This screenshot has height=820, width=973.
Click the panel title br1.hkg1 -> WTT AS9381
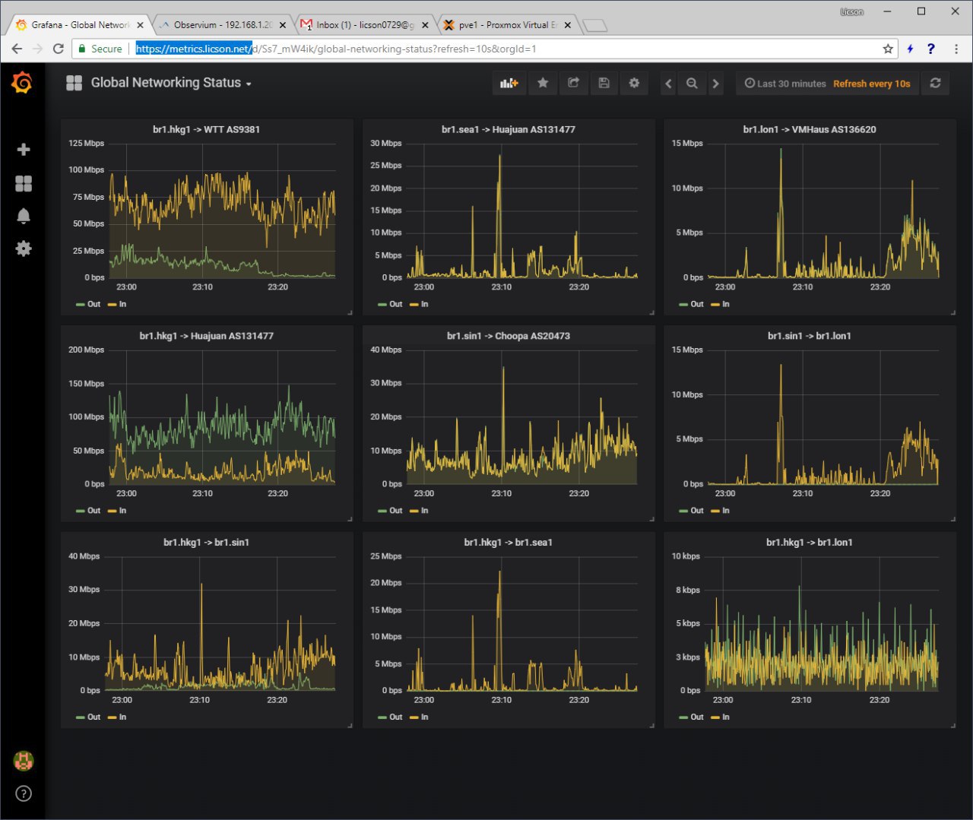pyautogui.click(x=207, y=129)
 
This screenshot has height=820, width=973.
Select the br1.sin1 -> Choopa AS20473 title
pyautogui.click(x=509, y=336)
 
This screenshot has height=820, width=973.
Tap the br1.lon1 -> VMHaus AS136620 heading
pyautogui.click(x=810, y=129)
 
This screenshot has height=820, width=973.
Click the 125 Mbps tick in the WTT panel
pyautogui.click(x=86, y=143)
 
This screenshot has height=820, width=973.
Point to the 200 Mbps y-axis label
pyautogui.click(x=86, y=350)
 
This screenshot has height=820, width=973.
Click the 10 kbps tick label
pyautogui.click(x=686, y=556)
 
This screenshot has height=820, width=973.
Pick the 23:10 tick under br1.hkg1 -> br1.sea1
pyautogui.click(x=502, y=700)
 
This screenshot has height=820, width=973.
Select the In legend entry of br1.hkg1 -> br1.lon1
pyautogui.click(x=721, y=717)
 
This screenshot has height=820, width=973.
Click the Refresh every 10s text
pyautogui.click(x=871, y=84)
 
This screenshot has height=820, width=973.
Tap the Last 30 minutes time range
pyautogui.click(x=785, y=84)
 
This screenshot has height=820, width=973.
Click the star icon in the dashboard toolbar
pyautogui.click(x=543, y=83)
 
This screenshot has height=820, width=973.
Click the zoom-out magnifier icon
pyautogui.click(x=692, y=84)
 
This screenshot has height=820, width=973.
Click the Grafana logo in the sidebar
pyautogui.click(x=22, y=83)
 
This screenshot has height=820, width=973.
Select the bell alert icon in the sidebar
pyautogui.click(x=24, y=216)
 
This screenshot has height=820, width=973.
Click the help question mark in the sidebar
pyautogui.click(x=24, y=793)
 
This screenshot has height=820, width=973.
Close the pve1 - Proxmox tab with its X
pyautogui.click(x=568, y=25)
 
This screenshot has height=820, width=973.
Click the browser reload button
pyautogui.click(x=59, y=49)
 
